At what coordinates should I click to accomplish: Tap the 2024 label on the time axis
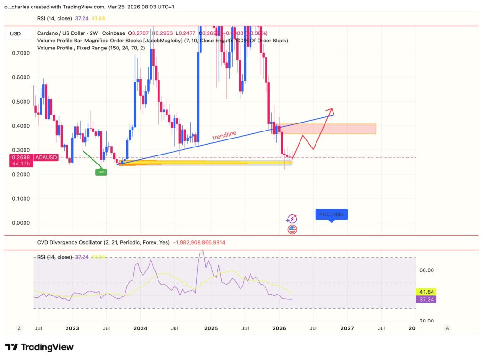pyautogui.click(x=140, y=328)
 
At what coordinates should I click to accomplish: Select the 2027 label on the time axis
pyautogui.click(x=347, y=328)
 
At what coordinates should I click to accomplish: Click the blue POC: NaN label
pyautogui.click(x=331, y=215)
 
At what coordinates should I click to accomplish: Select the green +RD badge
pyautogui.click(x=101, y=172)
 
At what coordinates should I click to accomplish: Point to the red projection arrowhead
pyautogui.click(x=330, y=111)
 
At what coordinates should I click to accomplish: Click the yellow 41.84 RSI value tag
pyautogui.click(x=426, y=292)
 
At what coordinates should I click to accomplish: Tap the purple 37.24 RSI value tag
pyautogui.click(x=426, y=300)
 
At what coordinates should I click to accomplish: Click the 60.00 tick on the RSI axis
pyautogui.click(x=426, y=270)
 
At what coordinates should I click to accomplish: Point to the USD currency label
pyautogui.click(x=16, y=33)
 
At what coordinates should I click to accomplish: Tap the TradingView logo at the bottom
pyautogui.click(x=39, y=347)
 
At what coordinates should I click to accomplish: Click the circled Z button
pyautogui.click(x=19, y=328)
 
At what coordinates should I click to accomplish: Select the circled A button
pyautogui.click(x=447, y=328)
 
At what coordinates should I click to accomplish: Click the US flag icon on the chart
pyautogui.click(x=292, y=229)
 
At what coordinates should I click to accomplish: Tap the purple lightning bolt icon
pyautogui.click(x=292, y=219)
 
